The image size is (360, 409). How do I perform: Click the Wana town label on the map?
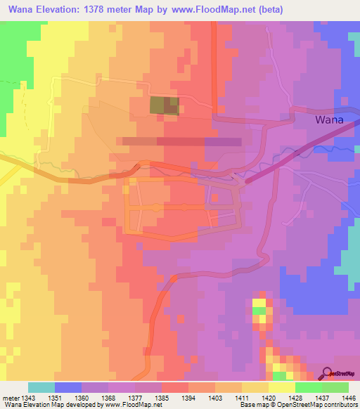[329, 119]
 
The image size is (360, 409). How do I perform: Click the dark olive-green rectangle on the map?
[164, 105]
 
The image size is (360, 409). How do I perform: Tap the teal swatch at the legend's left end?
[41, 387]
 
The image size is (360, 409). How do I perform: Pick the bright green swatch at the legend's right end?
[335, 387]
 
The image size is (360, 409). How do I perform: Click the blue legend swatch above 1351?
[67, 387]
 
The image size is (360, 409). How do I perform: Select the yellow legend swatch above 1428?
[281, 387]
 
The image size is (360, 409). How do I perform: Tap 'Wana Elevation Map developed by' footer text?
[50, 405]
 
